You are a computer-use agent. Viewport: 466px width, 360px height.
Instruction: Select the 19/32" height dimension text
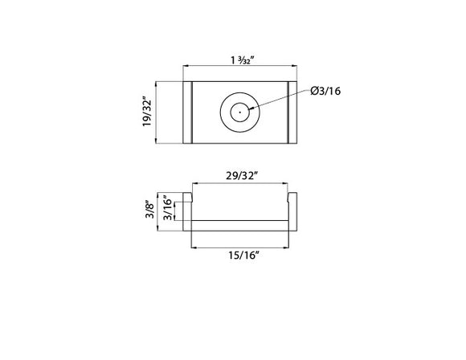[147, 112]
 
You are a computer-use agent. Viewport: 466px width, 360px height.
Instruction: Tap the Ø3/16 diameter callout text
[326, 91]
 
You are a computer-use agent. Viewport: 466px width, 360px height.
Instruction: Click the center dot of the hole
[239, 112]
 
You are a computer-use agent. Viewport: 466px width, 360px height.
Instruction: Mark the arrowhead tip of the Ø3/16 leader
[250, 109]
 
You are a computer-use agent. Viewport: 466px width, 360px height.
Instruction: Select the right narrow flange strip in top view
[292, 112]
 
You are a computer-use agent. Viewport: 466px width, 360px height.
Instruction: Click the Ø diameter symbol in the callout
[314, 91]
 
